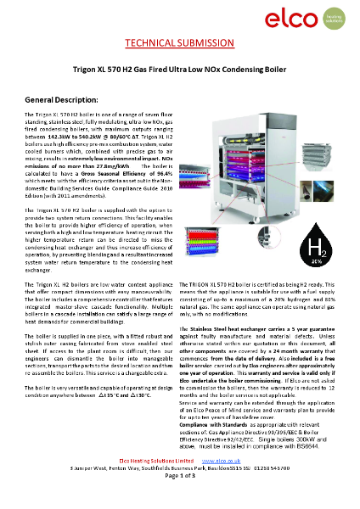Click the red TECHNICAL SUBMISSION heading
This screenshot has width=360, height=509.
click(179, 43)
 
